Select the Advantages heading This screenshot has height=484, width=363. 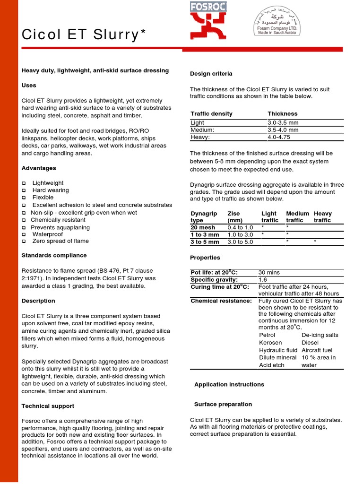click(x=39, y=168)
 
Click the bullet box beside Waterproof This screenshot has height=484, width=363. click(x=24, y=234)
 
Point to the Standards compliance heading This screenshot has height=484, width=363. click(x=54, y=255)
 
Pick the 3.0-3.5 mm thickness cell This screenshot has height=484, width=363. click(x=283, y=123)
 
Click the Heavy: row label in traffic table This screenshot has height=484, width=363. click(x=200, y=137)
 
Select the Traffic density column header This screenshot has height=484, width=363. click(x=211, y=114)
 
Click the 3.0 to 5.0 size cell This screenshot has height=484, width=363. click(x=240, y=242)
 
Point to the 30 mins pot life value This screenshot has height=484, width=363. click(x=269, y=273)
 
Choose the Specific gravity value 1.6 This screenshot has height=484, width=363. click(x=263, y=280)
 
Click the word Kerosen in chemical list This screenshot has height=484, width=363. click(x=270, y=343)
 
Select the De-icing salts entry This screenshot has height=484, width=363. click(x=320, y=335)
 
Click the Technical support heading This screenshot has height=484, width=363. click(x=48, y=406)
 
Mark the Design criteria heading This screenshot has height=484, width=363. click(x=211, y=74)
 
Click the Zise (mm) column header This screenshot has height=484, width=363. click(x=235, y=217)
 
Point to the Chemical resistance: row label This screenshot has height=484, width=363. click(x=221, y=301)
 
